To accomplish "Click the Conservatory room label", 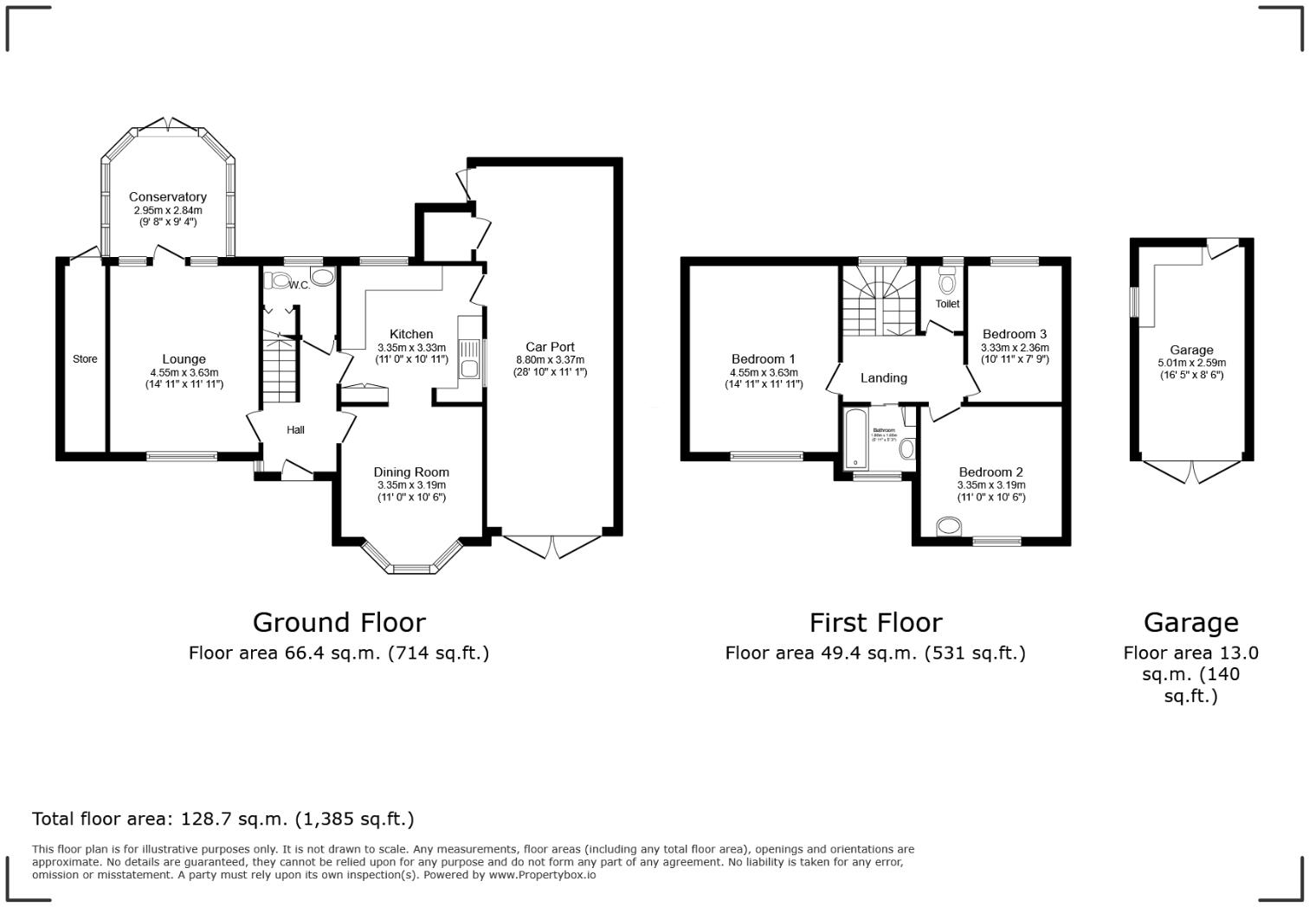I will (x=167, y=197).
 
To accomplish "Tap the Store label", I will (x=85, y=359).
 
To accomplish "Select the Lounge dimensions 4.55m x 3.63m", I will (x=184, y=373).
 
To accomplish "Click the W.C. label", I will (x=300, y=285).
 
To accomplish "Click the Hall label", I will (x=295, y=430).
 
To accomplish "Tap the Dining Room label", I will (x=411, y=473).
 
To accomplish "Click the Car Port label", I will (x=550, y=347).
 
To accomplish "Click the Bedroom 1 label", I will (x=763, y=359).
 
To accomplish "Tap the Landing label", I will (x=883, y=378).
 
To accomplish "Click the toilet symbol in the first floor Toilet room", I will (x=947, y=282).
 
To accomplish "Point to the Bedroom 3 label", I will (x=1014, y=334).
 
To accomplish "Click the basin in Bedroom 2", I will (x=950, y=525).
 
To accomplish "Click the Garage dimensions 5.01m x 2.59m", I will (x=1190, y=363).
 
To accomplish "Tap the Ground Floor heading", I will (x=339, y=622).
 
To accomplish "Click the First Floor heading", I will (x=875, y=622).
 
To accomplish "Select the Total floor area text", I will (x=222, y=819).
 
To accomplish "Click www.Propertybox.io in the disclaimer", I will (x=542, y=875).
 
